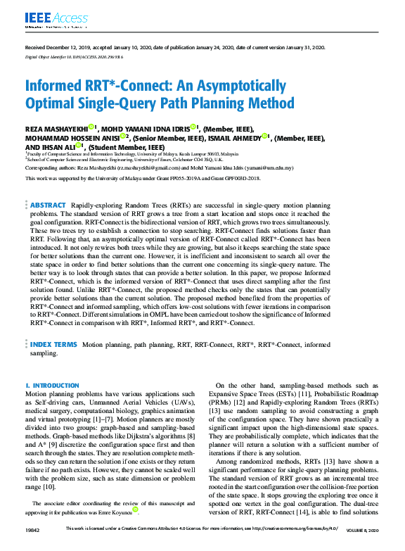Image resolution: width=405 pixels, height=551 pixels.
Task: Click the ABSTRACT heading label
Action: coord(48,205)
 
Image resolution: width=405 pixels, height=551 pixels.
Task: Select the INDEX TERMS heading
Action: coord(53,345)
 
